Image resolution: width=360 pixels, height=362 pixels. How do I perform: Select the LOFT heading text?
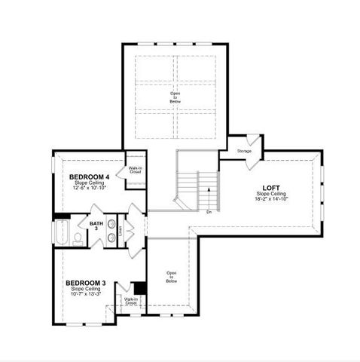270,188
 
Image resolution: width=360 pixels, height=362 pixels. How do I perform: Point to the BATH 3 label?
96,226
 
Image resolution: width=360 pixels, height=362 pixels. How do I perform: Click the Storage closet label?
244,152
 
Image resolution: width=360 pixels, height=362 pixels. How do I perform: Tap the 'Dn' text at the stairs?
209,212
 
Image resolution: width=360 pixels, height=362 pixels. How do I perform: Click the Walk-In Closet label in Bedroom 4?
136,170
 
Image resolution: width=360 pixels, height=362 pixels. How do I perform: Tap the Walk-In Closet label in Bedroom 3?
131,302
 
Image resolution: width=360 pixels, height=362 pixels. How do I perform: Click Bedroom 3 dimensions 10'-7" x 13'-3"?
86,294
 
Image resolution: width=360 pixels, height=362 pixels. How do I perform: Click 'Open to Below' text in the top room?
175,97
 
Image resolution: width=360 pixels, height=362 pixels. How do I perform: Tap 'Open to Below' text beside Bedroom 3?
172,277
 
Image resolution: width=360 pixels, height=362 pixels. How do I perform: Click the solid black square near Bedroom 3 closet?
139,288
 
